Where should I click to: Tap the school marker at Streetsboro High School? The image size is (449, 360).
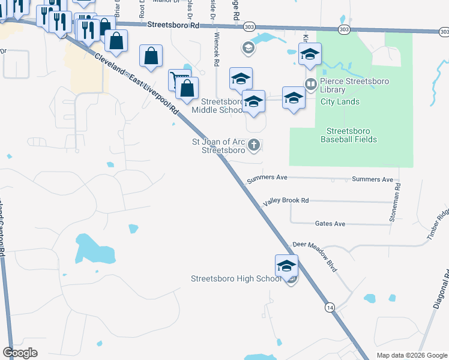[287, 265]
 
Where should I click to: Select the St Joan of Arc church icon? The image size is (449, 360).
[254, 145]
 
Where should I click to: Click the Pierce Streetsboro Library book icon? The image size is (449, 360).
[310, 83]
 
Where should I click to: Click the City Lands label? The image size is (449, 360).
[340, 101]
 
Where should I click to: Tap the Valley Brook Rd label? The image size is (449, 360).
[285, 200]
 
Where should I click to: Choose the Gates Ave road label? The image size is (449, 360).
[330, 224]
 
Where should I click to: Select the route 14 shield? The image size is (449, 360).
[330, 307]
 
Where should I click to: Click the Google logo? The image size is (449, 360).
[20, 352]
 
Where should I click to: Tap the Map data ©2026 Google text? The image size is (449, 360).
[411, 355]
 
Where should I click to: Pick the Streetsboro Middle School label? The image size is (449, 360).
[217, 106]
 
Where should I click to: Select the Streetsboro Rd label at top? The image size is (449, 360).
[174, 26]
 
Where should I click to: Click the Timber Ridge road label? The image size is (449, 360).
[439, 224]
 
